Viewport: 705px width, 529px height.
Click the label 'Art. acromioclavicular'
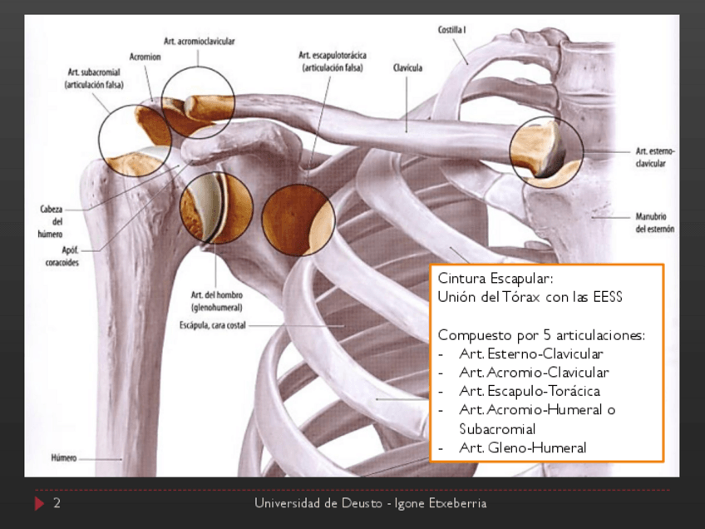coord(199,40)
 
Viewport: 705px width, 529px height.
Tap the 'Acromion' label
coord(145,57)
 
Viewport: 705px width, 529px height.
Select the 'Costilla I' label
coord(451,30)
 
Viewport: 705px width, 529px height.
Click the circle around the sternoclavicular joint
coord(546,150)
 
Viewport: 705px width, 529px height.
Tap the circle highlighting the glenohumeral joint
coord(216,207)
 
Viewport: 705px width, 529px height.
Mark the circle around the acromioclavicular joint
coord(198,101)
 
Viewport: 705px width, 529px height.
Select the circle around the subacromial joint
coord(135,141)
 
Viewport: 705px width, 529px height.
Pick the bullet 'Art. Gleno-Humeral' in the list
coord(522,447)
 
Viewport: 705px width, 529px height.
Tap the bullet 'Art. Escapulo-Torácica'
coord(529,391)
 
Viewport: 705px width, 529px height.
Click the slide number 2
coord(57,503)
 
